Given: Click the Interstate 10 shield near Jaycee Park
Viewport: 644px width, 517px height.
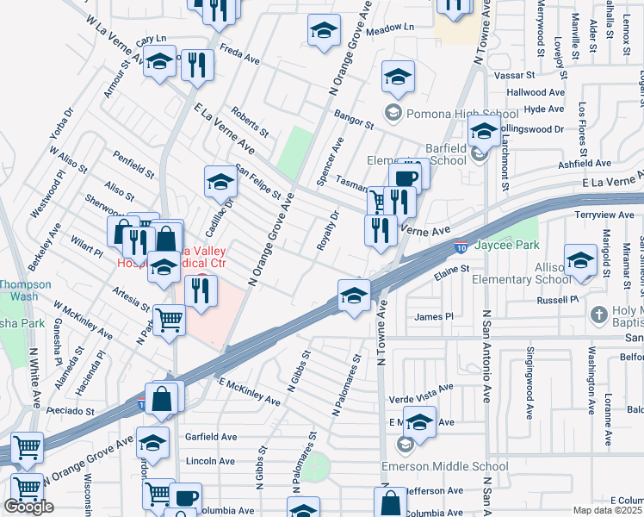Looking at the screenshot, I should (x=461, y=246).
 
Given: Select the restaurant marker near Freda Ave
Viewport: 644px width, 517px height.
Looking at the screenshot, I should (x=198, y=64).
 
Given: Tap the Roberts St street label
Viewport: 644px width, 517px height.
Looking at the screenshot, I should (x=251, y=121).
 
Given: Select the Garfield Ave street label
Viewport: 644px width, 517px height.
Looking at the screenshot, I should (x=211, y=437).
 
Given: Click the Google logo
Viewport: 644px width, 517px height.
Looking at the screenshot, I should (x=28, y=507).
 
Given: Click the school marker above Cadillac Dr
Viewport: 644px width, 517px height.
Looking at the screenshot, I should (x=220, y=183).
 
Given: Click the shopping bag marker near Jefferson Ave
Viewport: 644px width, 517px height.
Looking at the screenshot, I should (x=391, y=503).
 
